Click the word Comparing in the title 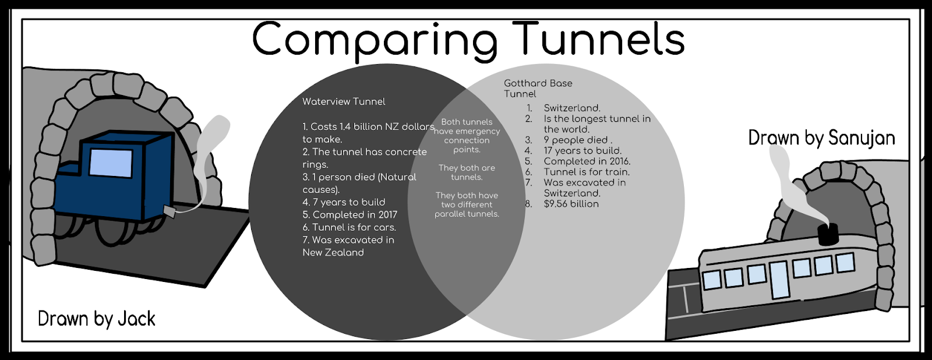[375, 40]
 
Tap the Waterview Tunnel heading [344, 101]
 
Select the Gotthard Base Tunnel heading [538, 89]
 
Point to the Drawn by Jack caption [97, 319]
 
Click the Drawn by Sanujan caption [821, 138]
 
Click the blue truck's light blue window [111, 163]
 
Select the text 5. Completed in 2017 [349, 215]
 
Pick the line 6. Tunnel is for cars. [349, 227]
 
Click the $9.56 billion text [571, 204]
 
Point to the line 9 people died [577, 140]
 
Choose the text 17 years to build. [582, 150]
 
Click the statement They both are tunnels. [467, 172]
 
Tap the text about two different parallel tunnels [467, 204]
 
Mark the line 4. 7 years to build [344, 202]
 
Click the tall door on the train [778, 279]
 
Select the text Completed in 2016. [587, 161]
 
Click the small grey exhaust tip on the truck [170, 211]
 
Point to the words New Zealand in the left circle [333, 252]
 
